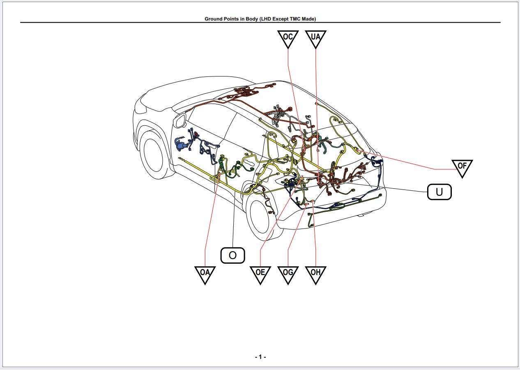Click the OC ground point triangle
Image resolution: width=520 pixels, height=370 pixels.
pos(288,38)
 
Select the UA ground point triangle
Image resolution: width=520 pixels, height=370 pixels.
pos(315,38)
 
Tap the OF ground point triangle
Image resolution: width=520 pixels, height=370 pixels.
pos(462,167)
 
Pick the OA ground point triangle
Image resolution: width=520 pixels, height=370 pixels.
pos(205,273)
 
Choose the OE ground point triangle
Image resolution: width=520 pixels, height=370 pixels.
pos(260,273)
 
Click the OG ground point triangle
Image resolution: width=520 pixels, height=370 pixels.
pos(288,273)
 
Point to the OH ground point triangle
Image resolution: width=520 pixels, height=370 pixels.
pos(315,273)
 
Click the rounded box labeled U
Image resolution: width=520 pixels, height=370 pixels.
pos(439,192)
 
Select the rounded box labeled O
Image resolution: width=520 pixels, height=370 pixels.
pos(232,255)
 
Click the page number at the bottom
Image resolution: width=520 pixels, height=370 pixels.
pos(260,357)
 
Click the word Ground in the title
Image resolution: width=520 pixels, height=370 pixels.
pos(214,19)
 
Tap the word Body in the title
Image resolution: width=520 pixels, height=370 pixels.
pos(251,19)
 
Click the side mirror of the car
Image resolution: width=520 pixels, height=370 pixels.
pos(180,120)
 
